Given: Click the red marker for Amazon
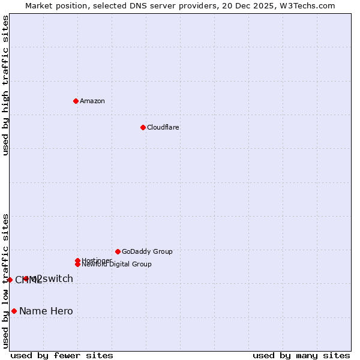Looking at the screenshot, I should (76, 101).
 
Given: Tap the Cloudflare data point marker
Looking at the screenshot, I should (143, 127).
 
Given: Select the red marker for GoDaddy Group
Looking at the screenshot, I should (118, 251).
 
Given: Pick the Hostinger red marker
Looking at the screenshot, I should (77, 260).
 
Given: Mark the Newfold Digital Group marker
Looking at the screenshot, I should (77, 264).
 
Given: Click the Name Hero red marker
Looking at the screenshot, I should (14, 311).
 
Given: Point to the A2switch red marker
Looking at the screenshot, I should (26, 278).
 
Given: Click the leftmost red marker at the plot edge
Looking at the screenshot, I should (10, 280).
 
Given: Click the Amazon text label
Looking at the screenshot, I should (92, 101).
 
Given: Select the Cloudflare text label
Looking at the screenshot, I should (163, 127).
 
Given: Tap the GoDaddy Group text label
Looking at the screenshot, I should (147, 251).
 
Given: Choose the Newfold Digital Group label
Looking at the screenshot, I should (116, 265).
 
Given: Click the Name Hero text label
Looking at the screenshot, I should (46, 311).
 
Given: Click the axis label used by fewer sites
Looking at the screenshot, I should (62, 355).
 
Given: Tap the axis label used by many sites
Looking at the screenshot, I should (301, 355).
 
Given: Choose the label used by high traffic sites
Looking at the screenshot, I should (5, 86).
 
